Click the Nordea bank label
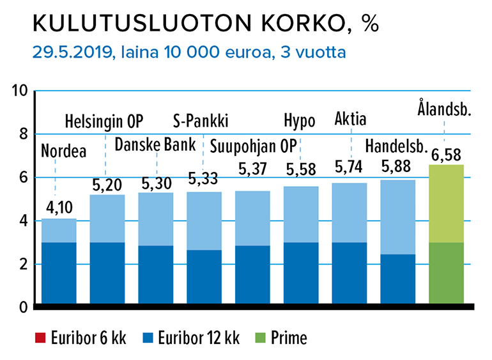pos(63,152)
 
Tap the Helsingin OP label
pos(105,121)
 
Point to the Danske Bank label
pos(156,145)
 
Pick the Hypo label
pos(300,121)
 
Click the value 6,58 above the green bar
pos(445,154)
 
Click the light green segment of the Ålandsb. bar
pos(445,203)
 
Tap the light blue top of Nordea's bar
pos(59,231)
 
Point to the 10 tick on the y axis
pos(20,91)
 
